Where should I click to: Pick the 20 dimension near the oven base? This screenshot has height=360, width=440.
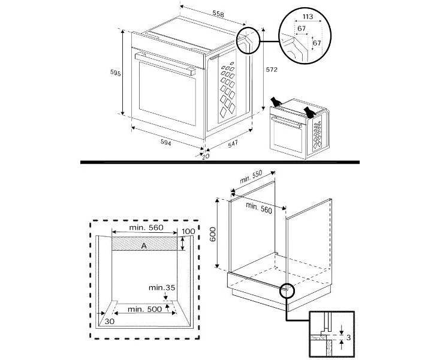[206, 157]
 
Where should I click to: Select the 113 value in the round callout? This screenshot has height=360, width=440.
[309, 17]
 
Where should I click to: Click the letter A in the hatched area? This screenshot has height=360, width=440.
[144, 245]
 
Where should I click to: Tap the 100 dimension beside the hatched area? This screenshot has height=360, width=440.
[189, 231]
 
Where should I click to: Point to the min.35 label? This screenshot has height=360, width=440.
[162, 288]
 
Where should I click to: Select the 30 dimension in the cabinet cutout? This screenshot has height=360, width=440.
[109, 322]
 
